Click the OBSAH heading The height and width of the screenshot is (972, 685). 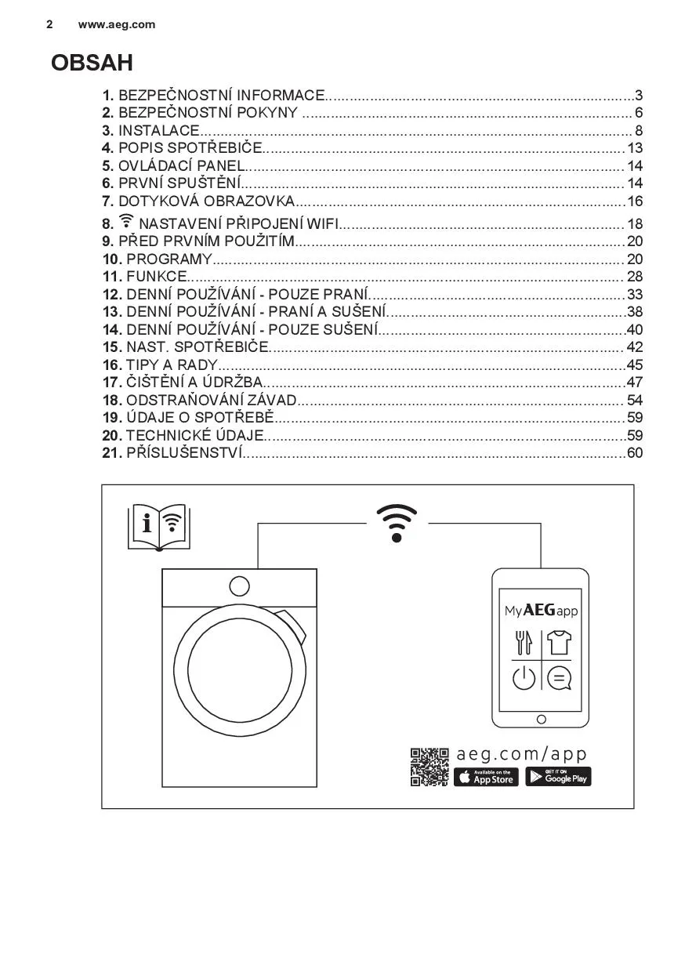coord(92,63)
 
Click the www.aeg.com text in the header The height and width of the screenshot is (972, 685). coord(117,24)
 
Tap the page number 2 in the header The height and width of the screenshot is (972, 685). coord(49,24)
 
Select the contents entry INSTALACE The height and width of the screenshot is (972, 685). coord(158,131)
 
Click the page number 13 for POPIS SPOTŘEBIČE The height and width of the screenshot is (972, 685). coord(635,148)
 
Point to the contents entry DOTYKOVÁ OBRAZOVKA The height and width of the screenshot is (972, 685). coord(206,201)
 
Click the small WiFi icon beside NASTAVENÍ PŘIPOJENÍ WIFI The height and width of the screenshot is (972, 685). coord(127,222)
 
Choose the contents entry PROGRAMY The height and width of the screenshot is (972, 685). coord(169,259)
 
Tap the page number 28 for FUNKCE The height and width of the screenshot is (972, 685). coord(635,276)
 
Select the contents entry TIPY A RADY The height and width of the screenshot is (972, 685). coord(171,364)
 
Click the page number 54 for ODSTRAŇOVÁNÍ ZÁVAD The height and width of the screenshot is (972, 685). coord(635,401)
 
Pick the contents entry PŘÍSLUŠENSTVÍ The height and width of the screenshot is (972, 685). coord(184,453)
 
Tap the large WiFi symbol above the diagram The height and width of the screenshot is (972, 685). coord(397,523)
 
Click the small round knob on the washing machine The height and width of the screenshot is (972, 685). coord(239,586)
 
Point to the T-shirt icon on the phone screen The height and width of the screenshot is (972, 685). coord(559,643)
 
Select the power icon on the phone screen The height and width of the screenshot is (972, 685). coord(524,677)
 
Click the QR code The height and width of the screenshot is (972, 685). coord(429,767)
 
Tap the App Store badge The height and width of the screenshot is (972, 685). coord(486,777)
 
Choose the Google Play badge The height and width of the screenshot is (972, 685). coord(558,777)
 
